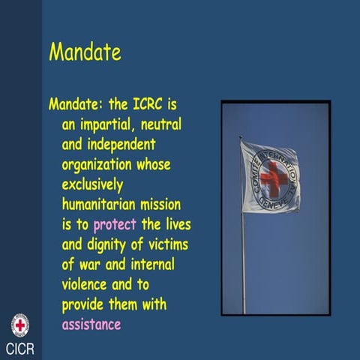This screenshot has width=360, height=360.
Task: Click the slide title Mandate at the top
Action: pos(85,52)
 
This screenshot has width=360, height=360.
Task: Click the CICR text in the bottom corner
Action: pos(20,349)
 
